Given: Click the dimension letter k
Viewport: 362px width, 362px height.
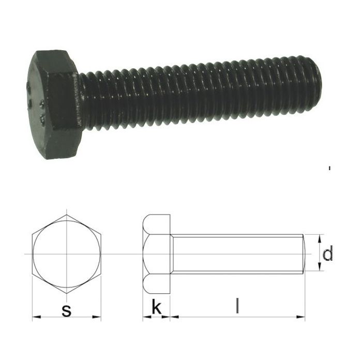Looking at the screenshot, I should coord(156,308).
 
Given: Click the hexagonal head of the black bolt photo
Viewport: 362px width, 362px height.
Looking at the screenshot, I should coord(52,103).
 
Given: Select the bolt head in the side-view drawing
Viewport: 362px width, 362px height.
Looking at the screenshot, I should coord(157,253).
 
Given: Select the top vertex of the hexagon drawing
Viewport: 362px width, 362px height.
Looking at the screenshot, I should coord(66,214).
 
